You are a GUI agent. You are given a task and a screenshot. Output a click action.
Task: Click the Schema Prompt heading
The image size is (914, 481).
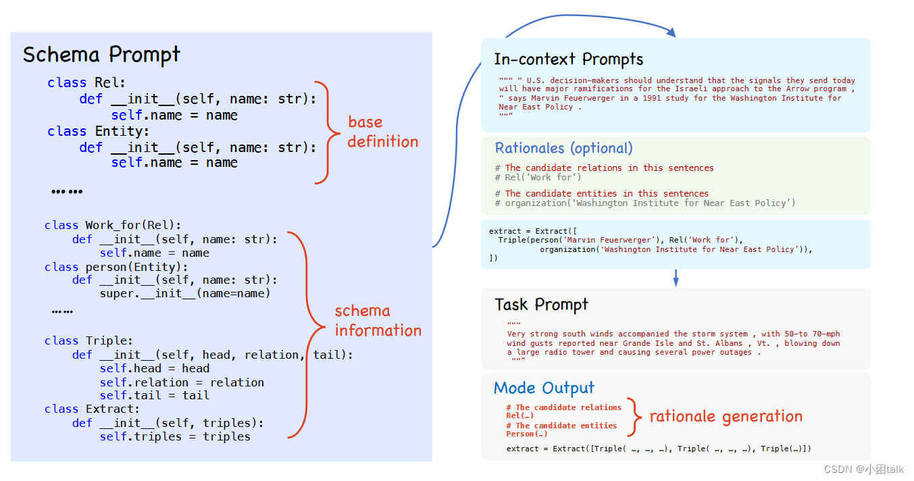pyautogui.click(x=101, y=55)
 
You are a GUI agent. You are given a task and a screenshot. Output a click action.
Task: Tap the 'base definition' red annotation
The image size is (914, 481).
pyautogui.click(x=383, y=132)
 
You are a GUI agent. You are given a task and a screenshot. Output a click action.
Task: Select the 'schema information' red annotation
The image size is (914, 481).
pyautogui.click(x=378, y=320)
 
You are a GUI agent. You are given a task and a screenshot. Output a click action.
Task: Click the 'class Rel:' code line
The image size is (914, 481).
pyautogui.click(x=86, y=82)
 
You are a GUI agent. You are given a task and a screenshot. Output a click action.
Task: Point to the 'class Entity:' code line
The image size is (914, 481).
pyautogui.click(x=99, y=131)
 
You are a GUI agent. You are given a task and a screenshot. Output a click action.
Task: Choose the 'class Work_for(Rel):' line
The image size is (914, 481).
pyautogui.click(x=113, y=225)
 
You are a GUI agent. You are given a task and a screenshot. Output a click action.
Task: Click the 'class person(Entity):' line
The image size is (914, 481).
pyautogui.click(x=118, y=267)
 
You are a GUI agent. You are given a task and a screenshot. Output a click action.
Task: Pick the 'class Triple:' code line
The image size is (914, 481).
pyautogui.click(x=88, y=340)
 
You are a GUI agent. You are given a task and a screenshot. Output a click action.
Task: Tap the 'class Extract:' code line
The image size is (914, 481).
pyautogui.click(x=92, y=409)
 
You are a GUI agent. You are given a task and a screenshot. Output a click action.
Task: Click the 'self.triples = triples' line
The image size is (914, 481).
pyautogui.click(x=175, y=436)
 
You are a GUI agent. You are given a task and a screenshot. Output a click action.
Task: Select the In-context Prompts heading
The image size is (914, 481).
pyautogui.click(x=568, y=59)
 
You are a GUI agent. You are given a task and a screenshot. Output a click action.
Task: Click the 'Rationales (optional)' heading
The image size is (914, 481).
pyautogui.click(x=563, y=148)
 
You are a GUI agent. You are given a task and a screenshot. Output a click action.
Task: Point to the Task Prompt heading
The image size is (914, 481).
pyautogui.click(x=541, y=305)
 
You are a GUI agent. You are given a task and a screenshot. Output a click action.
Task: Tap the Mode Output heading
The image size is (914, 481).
pyautogui.click(x=544, y=388)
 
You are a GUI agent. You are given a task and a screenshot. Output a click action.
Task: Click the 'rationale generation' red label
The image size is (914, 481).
pyautogui.click(x=726, y=416)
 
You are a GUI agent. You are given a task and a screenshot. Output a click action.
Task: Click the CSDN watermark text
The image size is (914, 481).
pyautogui.click(x=865, y=469)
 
